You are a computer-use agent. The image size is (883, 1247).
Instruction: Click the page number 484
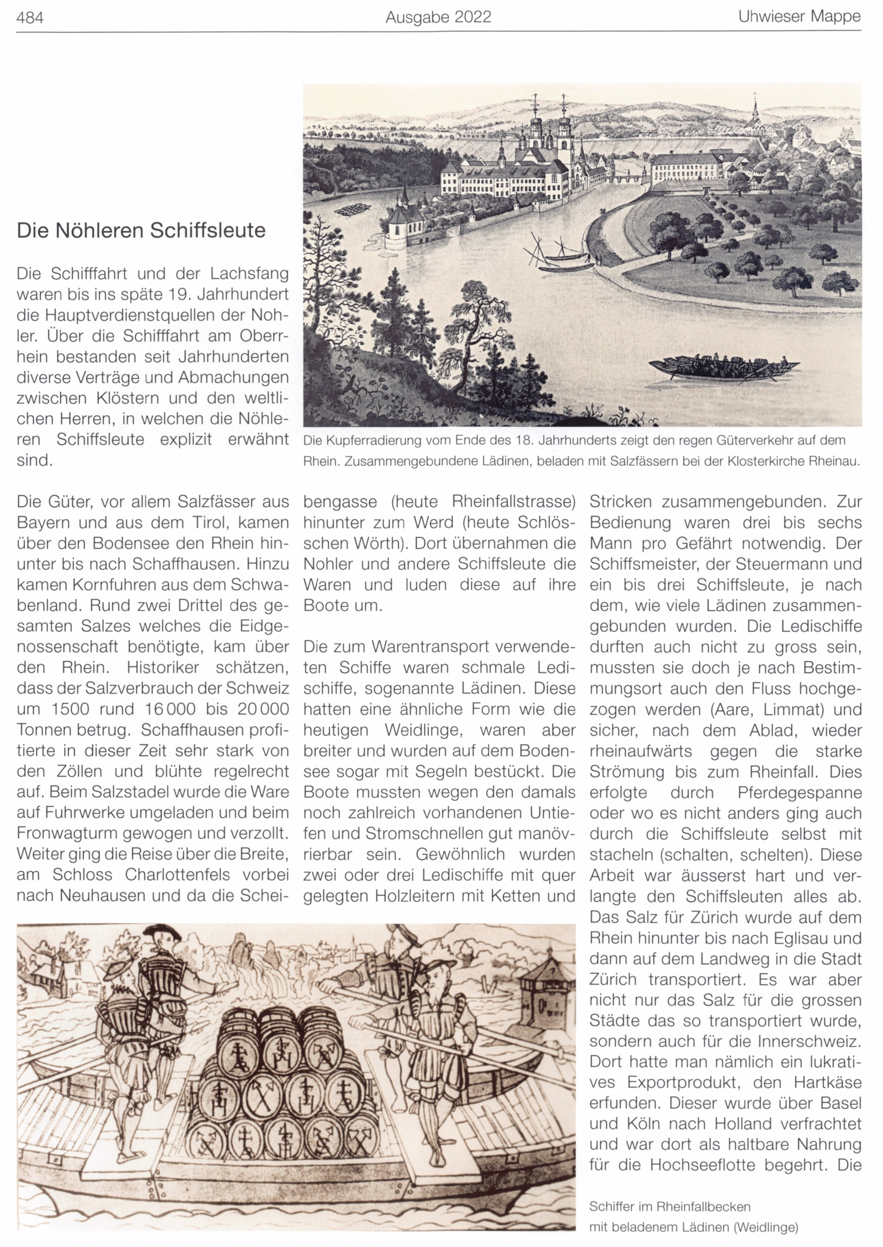(x=30, y=18)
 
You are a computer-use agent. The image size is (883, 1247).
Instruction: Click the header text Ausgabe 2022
(x=438, y=18)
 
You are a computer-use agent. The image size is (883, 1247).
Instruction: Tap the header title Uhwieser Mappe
(x=800, y=17)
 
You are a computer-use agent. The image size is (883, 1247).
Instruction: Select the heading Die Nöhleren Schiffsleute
(x=141, y=230)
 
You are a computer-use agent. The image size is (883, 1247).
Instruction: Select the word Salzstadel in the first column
(x=139, y=792)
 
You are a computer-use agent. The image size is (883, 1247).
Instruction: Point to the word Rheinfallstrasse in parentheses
(x=514, y=502)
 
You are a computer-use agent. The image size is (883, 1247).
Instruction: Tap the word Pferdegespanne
(x=799, y=792)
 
